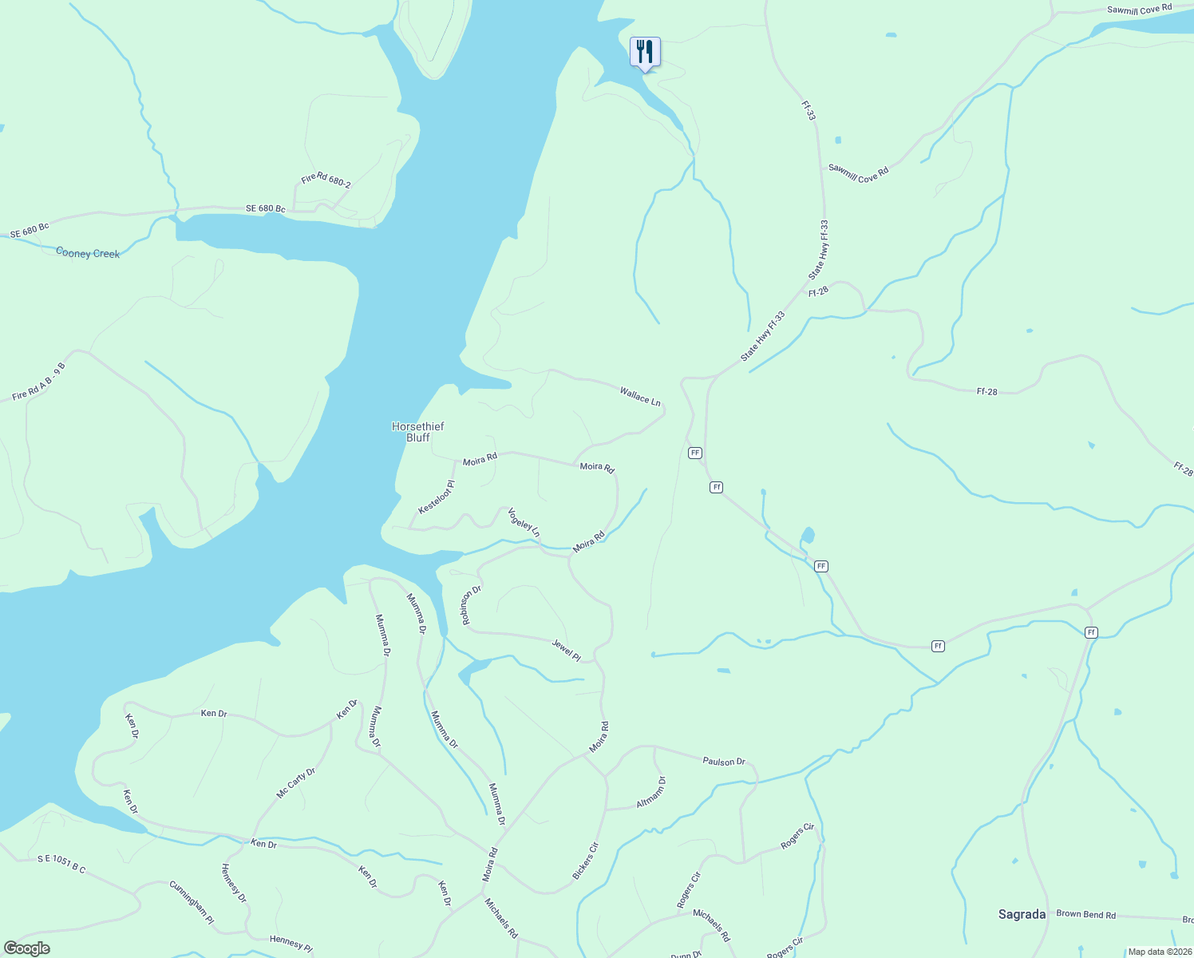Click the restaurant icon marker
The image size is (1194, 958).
(644, 53)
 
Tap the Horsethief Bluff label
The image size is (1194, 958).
(417, 432)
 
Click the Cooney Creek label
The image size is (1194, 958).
(88, 253)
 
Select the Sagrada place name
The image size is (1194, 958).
(1022, 914)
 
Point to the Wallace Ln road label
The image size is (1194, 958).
(640, 395)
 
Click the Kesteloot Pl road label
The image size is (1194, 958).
(437, 498)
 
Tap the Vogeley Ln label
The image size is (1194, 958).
(524, 522)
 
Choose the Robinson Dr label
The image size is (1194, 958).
(470, 604)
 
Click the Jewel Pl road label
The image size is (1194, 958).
(566, 650)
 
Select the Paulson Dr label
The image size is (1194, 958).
(723, 762)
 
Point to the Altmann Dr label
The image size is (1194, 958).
(651, 792)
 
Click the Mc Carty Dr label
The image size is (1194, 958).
(296, 783)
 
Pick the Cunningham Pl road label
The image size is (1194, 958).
(192, 902)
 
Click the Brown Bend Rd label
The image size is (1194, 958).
(1085, 914)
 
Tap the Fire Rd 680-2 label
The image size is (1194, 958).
(326, 180)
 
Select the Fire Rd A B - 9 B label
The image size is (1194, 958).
(38, 382)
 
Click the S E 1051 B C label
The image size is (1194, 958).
(61, 863)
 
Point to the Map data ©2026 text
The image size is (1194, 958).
(1160, 952)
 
